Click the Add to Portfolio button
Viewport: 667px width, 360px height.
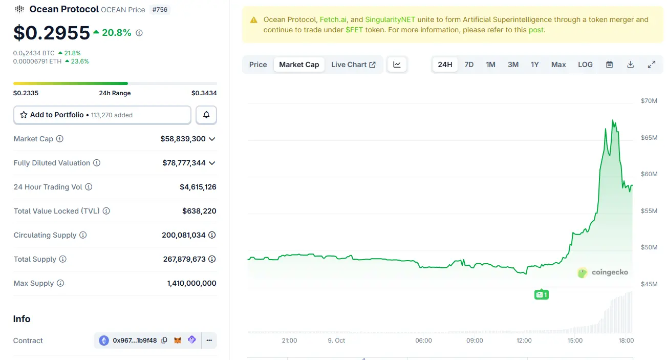(102, 115)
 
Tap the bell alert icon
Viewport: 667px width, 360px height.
(206, 115)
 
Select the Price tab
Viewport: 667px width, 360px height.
(258, 65)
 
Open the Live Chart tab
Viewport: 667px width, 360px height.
(353, 65)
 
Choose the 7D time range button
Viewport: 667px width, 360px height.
(469, 65)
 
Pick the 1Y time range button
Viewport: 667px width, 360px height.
(534, 65)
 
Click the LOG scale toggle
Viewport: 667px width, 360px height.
(585, 65)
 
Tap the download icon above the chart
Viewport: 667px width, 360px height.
(630, 65)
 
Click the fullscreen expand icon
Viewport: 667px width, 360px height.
(652, 65)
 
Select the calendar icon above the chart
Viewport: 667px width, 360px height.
(609, 65)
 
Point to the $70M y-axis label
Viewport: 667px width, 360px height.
(649, 101)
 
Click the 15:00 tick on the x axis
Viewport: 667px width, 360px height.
(575, 341)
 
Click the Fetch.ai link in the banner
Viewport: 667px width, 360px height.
(333, 19)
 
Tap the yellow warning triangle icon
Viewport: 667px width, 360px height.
(254, 20)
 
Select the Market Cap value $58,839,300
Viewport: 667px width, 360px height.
(183, 139)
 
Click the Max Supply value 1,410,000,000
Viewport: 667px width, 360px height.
(191, 283)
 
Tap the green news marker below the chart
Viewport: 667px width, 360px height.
(541, 294)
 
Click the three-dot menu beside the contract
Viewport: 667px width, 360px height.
(209, 341)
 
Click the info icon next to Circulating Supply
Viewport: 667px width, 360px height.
(83, 235)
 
